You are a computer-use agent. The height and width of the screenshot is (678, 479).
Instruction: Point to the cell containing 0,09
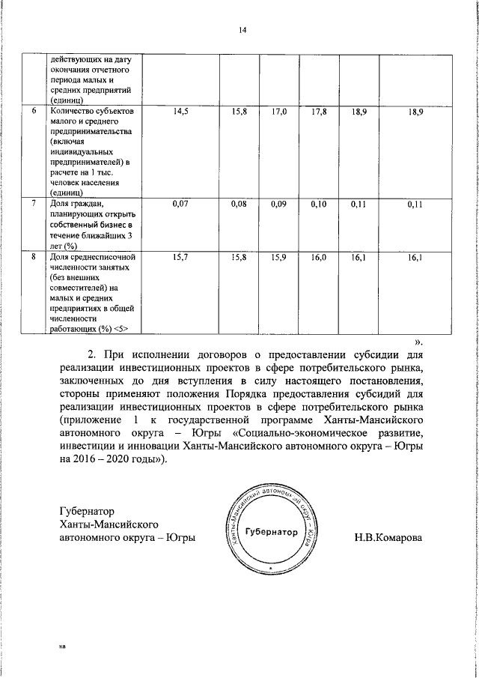coord(279,203)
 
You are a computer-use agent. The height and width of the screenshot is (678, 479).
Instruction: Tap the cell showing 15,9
coord(279,258)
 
